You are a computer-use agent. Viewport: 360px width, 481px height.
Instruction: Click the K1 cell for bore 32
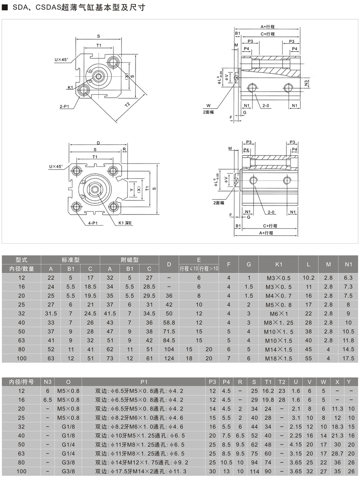pos(278,313)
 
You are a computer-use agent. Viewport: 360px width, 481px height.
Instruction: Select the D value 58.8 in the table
pos(169,322)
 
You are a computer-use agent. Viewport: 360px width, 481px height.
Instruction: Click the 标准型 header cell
pos(70,260)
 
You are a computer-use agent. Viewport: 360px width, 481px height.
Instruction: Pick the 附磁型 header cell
pos(130,260)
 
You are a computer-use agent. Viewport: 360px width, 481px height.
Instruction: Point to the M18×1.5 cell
pos(278,358)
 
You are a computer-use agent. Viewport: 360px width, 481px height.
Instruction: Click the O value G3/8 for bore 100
pos(69,471)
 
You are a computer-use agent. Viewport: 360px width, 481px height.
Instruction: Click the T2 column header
pos(282,381)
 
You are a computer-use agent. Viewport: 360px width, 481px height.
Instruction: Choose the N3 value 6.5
pos(47,399)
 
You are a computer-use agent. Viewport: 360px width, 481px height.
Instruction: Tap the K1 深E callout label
pos(125,222)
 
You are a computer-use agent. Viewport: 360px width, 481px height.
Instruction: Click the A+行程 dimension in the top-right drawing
pos(268,26)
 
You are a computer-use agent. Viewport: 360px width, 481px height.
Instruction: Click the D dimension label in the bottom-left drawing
pos(98,142)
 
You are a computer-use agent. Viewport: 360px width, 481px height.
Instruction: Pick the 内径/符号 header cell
pos(22,381)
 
